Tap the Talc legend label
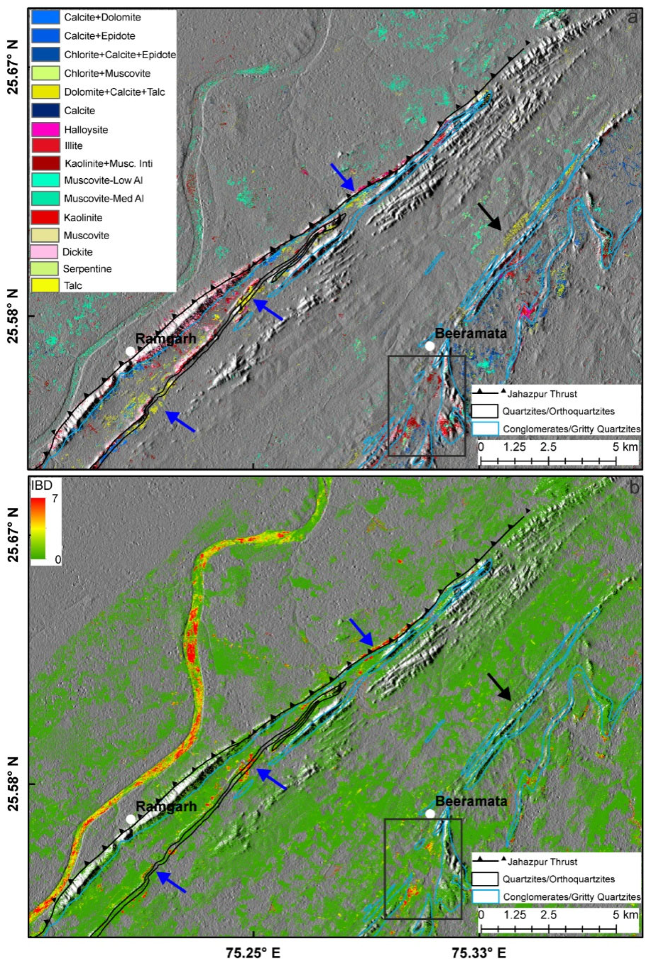pos(73,285)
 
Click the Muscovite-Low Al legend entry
pos(103,180)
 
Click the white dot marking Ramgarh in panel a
pos(130,351)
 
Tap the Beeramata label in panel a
pos(471,333)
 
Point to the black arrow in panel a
pos(490,217)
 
